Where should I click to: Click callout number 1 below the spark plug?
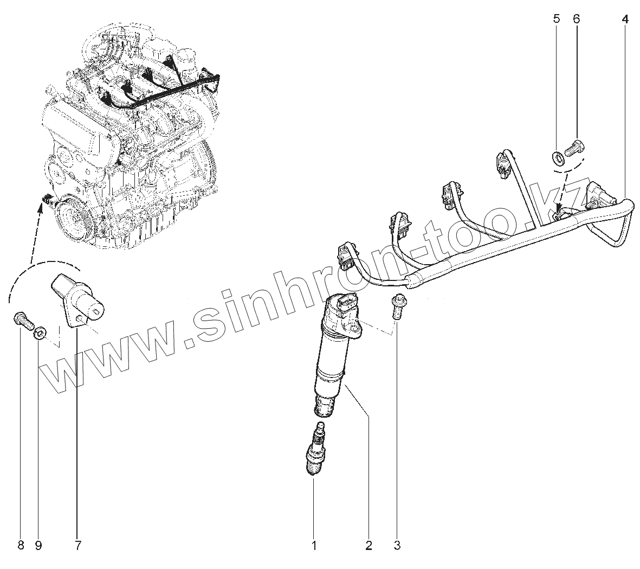[x=314, y=545]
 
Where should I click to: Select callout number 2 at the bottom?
[x=369, y=545]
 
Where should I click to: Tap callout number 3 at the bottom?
[x=397, y=545]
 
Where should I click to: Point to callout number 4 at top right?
[x=625, y=19]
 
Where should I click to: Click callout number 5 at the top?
[x=557, y=19]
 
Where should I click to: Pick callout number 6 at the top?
[x=576, y=19]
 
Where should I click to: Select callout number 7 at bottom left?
[x=78, y=545]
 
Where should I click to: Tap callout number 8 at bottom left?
[x=21, y=545]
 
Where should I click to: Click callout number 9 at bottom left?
[x=38, y=545]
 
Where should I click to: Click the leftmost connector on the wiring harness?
[x=345, y=255]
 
